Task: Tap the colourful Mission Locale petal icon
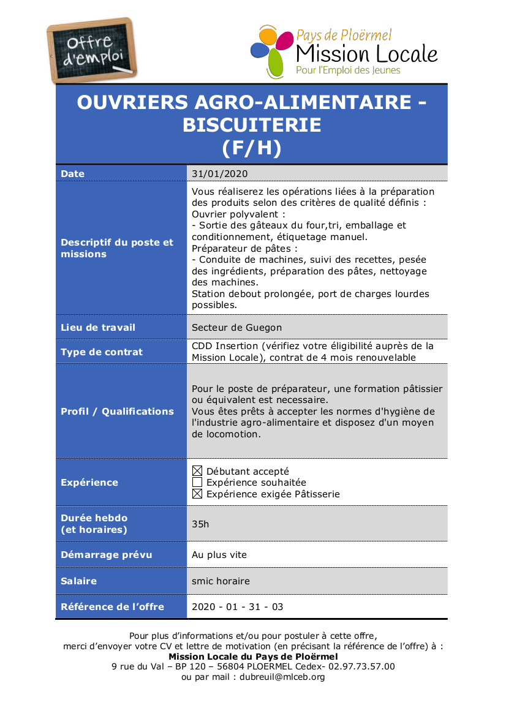(271, 51)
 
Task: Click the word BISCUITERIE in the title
(251, 125)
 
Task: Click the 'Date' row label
(73, 174)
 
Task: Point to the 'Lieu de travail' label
(98, 328)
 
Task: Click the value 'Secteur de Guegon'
(236, 328)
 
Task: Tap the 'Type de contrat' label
(102, 352)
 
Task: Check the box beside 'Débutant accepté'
(197, 471)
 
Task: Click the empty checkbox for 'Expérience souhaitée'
(197, 483)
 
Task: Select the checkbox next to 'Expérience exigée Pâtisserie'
(197, 494)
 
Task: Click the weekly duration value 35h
(200, 524)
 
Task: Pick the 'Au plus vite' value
(219, 555)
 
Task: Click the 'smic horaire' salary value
(221, 581)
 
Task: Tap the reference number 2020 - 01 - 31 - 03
(238, 607)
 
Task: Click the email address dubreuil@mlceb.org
(282, 677)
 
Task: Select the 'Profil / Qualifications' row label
(117, 412)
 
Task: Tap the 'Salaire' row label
(78, 581)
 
